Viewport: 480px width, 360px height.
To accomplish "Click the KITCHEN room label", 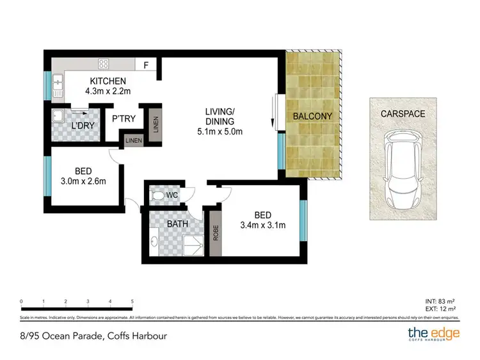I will (108, 81).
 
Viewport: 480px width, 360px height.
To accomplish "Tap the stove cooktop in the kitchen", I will (103, 63).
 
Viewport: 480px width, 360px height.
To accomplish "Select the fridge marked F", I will (146, 65).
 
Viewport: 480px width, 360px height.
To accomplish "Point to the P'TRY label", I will (122, 119).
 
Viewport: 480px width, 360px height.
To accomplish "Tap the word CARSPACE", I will (403, 113).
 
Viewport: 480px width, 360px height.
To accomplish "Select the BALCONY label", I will (312, 117).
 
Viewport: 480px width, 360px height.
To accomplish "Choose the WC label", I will (172, 195).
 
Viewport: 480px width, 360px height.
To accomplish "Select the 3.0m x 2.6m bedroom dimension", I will (83, 181).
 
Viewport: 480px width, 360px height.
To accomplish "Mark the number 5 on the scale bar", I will (132, 300).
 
